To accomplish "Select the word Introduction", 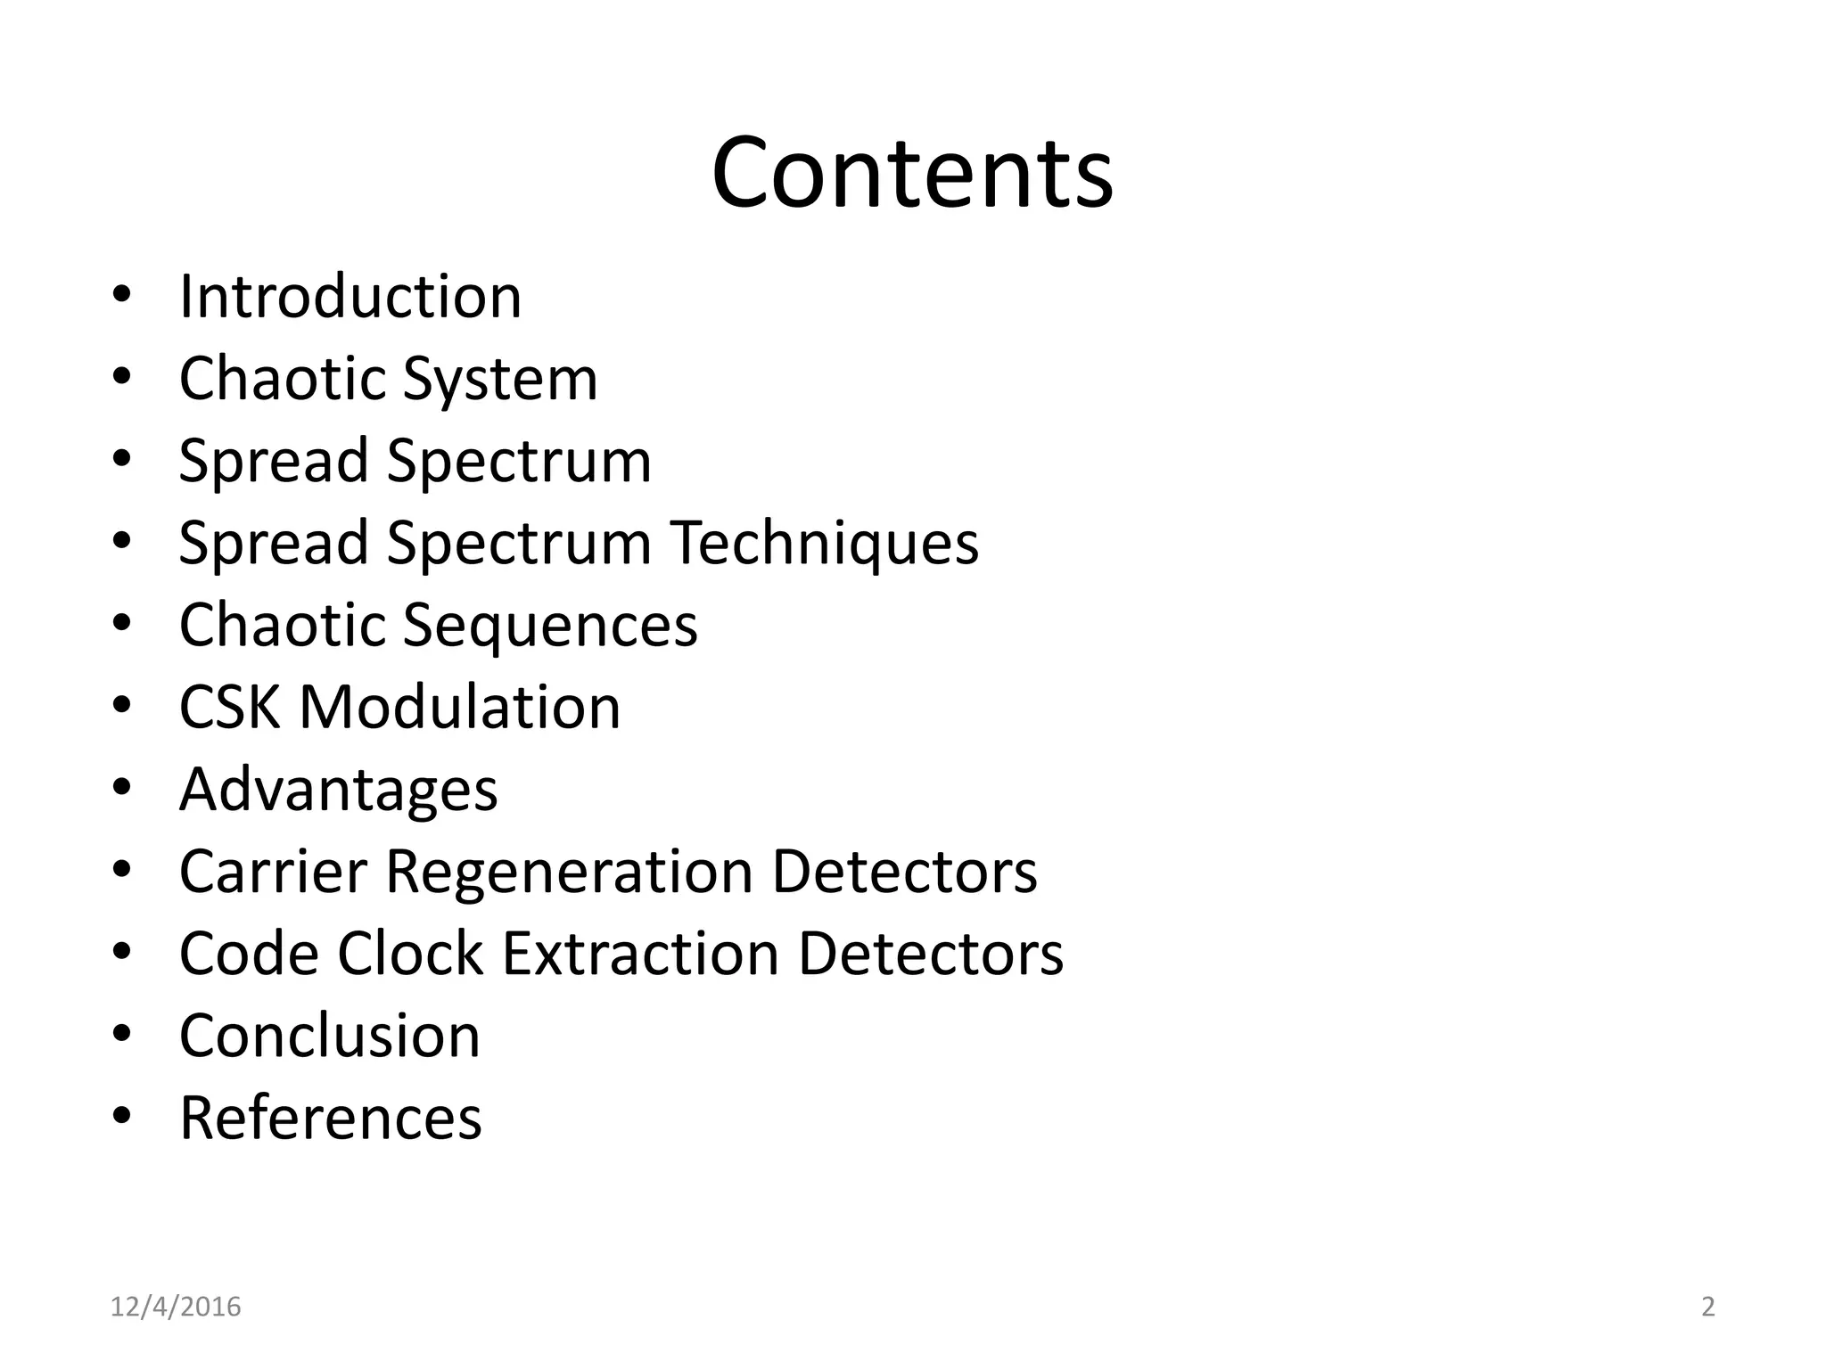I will pyautogui.click(x=350, y=296).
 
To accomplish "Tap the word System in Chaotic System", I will pyautogui.click(x=500, y=379).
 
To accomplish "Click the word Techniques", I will pyautogui.click(x=825, y=542).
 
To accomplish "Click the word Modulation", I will pyautogui.click(x=459, y=707).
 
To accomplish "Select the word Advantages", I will pyautogui.click(x=338, y=790).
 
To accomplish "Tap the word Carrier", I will pyautogui.click(x=273, y=871).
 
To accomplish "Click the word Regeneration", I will pyautogui.click(x=569, y=871).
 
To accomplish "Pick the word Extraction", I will pyautogui.click(x=641, y=953).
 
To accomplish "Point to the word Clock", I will pyautogui.click(x=410, y=953).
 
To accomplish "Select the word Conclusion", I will pyautogui.click(x=330, y=1035).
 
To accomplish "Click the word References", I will pyautogui.click(x=331, y=1117).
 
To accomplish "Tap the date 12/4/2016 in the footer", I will pyautogui.click(x=176, y=1307).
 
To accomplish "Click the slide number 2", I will pyautogui.click(x=1708, y=1307).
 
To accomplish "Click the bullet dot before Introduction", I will pyautogui.click(x=123, y=295).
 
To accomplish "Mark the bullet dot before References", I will pyautogui.click(x=123, y=1116).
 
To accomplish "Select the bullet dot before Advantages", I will pyautogui.click(x=123, y=788).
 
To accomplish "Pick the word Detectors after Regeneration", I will pyautogui.click(x=904, y=871).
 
